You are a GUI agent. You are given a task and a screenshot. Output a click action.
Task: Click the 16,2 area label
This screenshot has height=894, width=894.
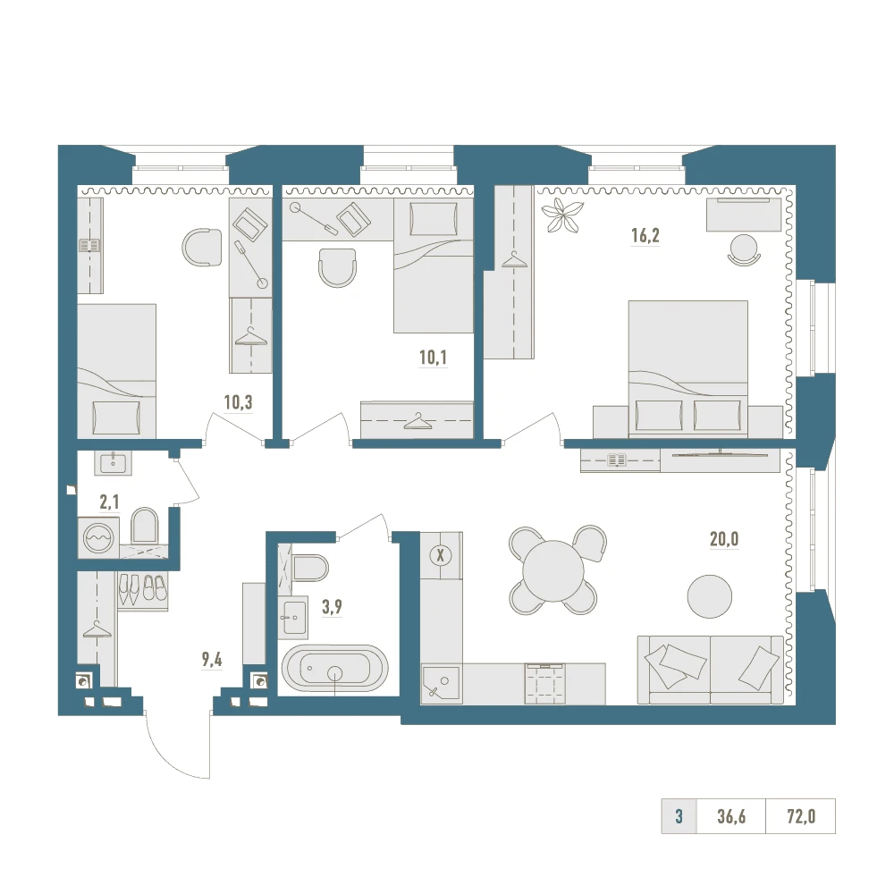pyautogui.click(x=645, y=235)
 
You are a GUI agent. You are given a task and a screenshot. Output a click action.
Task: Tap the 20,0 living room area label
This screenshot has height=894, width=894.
pyautogui.click(x=724, y=539)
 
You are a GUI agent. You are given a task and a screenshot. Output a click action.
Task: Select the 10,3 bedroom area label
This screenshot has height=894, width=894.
pyautogui.click(x=238, y=402)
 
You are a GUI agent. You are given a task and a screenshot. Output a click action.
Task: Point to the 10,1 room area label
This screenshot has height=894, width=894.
pyautogui.click(x=433, y=358)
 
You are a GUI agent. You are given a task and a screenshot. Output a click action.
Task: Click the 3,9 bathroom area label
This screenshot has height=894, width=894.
pyautogui.click(x=332, y=607)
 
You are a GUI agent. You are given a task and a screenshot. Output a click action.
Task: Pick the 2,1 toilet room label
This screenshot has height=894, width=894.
pyautogui.click(x=109, y=502)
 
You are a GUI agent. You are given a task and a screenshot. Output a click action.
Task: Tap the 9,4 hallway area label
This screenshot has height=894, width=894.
pyautogui.click(x=212, y=660)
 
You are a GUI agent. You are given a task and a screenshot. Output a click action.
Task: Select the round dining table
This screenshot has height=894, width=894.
pyautogui.click(x=553, y=570)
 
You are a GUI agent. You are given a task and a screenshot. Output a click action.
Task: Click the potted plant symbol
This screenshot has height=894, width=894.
pyautogui.click(x=562, y=215)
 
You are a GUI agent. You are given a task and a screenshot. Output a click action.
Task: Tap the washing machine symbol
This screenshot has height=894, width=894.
pyautogui.click(x=98, y=537)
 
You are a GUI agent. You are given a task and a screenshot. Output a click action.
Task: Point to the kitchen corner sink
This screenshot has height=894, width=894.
pyautogui.click(x=441, y=683)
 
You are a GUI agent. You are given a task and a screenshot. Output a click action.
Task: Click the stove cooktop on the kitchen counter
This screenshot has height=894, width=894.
pyautogui.click(x=545, y=683)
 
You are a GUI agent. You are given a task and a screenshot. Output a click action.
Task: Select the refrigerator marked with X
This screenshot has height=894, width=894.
pyautogui.click(x=440, y=555)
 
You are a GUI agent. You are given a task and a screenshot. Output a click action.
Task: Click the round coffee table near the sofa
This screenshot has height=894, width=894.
pyautogui.click(x=709, y=596)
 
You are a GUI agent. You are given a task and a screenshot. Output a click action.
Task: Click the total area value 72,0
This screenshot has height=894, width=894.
pyautogui.click(x=801, y=816)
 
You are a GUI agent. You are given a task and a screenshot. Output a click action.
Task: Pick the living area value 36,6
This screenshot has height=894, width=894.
pyautogui.click(x=731, y=816)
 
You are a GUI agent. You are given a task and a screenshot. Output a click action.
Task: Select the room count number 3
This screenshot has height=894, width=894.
pyautogui.click(x=679, y=816)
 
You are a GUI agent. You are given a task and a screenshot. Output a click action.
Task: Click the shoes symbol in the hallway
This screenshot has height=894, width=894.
pyautogui.click(x=142, y=589)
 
